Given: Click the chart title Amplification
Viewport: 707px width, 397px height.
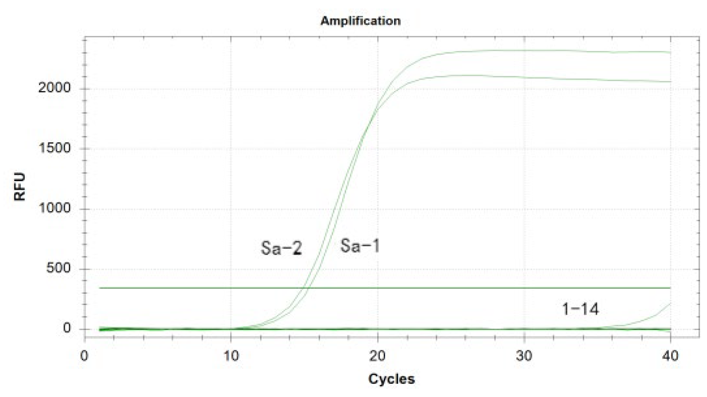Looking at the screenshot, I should coord(360,20).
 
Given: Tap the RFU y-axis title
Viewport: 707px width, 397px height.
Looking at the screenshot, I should coord(19,187).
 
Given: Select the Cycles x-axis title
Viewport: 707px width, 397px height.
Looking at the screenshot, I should coord(391,379).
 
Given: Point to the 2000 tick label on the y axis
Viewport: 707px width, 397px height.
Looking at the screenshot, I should coord(54,88).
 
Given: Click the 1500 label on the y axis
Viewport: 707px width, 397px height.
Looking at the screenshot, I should coord(54,148).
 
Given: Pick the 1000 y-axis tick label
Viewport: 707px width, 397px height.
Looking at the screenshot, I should coord(54,209).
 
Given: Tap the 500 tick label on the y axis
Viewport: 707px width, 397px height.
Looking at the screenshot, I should coord(58,268).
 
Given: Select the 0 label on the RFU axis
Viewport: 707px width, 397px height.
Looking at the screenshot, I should coord(67,328).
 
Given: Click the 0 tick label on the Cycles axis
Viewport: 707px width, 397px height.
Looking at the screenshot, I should coord(84,356).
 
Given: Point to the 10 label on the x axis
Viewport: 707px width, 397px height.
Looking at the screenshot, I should coord(231,356).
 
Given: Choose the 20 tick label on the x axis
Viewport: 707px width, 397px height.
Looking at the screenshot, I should coord(377,356).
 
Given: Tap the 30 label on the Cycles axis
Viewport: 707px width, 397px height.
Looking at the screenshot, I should coord(524,356).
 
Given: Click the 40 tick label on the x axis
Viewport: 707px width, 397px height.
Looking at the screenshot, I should coord(670,356).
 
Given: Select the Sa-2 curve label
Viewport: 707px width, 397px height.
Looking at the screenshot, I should coord(281,248).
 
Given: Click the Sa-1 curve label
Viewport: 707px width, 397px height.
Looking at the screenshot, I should coord(360,246).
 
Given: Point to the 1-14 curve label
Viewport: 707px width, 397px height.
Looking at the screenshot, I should coord(580,309).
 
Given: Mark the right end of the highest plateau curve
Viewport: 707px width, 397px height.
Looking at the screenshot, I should coord(670,52).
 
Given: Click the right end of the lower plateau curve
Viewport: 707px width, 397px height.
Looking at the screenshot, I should coord(670,82).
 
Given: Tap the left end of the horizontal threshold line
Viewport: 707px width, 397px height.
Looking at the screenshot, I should coord(100,288).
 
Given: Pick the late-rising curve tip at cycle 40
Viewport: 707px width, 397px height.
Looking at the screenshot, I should coord(670,304).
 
